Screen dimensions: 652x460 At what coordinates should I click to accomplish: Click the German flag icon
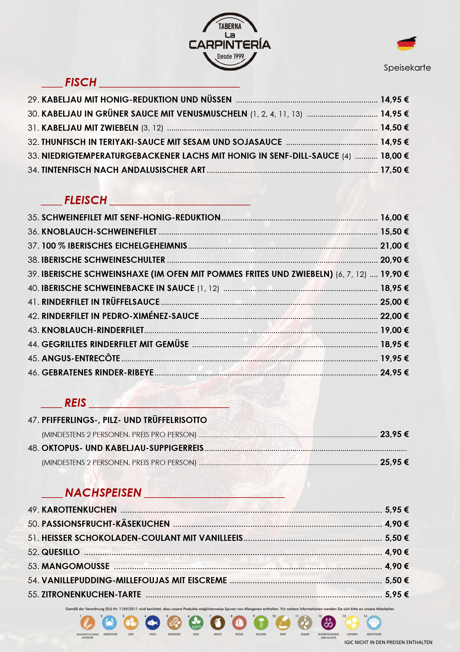point(406,44)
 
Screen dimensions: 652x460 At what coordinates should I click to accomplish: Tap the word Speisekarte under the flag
point(407,68)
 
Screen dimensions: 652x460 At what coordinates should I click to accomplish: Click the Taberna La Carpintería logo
point(230,42)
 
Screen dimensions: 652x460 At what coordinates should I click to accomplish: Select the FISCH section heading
point(81,83)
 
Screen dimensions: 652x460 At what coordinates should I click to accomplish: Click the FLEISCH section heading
point(86,200)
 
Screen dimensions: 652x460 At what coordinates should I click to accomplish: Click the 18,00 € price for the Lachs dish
point(394,156)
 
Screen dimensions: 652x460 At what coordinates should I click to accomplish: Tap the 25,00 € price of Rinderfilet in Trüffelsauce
point(394,302)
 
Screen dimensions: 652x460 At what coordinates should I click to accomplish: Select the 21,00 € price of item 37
point(394,246)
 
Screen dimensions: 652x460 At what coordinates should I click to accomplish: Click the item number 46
point(33,373)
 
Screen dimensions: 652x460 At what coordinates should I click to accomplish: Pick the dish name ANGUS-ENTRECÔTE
point(81,359)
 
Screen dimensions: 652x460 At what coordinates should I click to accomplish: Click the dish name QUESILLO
point(61,552)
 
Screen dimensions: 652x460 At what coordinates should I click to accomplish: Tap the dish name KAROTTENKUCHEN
point(79,510)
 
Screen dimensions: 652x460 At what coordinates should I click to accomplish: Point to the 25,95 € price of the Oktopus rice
point(394,462)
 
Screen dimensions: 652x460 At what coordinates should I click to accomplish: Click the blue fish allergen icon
point(153,623)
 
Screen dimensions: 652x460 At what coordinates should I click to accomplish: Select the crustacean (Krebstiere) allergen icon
point(109,623)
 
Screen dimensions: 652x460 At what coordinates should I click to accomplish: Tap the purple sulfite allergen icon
point(328,623)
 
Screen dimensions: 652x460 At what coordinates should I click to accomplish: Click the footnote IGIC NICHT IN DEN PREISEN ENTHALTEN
point(388,642)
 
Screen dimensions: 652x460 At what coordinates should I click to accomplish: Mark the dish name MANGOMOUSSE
point(75,566)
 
